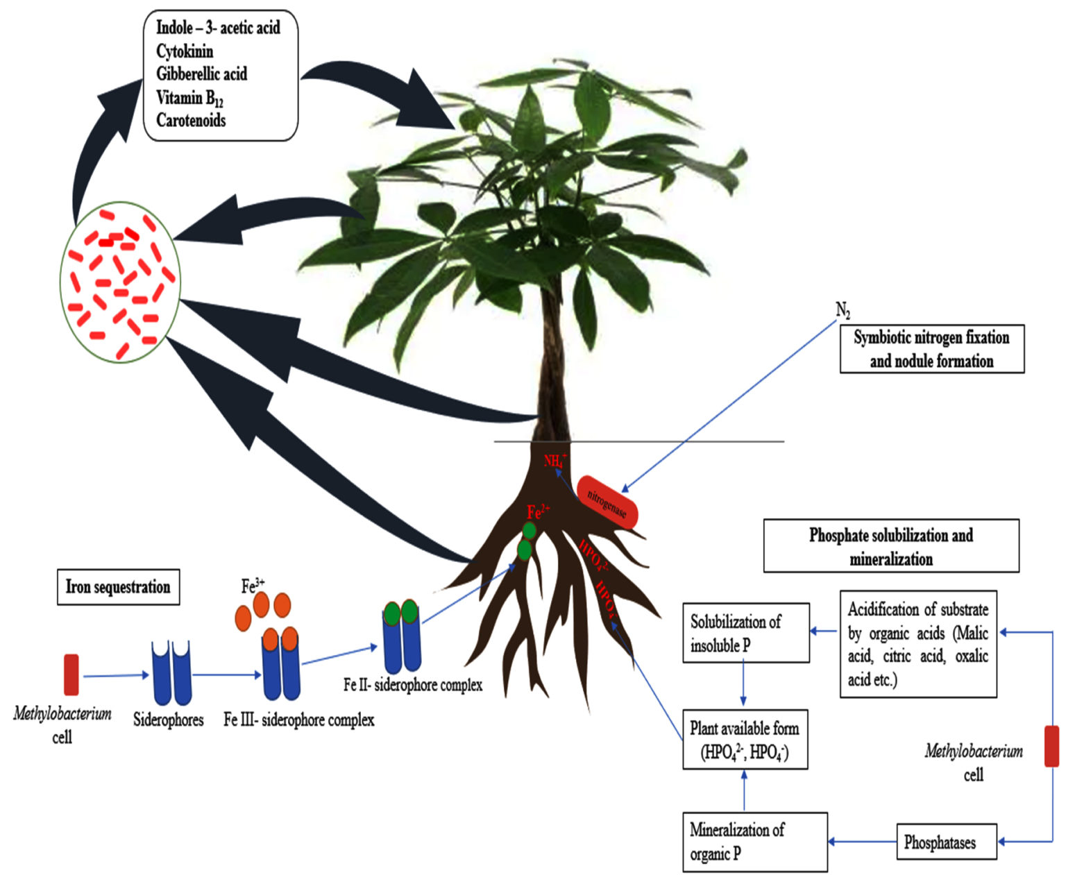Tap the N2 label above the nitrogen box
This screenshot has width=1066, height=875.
pyautogui.click(x=843, y=310)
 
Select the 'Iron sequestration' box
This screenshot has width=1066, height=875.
pyautogui.click(x=117, y=587)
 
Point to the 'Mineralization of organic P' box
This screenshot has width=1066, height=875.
pyautogui.click(x=754, y=841)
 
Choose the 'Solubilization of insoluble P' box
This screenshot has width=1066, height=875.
pyautogui.click(x=745, y=632)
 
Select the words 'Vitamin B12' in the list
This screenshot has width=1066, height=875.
pyautogui.click(x=189, y=98)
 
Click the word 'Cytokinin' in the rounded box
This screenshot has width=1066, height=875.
pyautogui.click(x=185, y=51)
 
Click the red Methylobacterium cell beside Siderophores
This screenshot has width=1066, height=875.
pyautogui.click(x=71, y=674)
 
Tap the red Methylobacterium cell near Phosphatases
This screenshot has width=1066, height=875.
pyautogui.click(x=1051, y=746)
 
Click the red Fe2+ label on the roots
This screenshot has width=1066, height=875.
pyautogui.click(x=538, y=513)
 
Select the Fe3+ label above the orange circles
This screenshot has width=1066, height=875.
pyautogui.click(x=253, y=586)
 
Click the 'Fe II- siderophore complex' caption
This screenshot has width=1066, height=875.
pyautogui.click(x=412, y=685)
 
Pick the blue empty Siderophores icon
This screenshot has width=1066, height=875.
pyautogui.click(x=171, y=672)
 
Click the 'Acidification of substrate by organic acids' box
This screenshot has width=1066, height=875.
pyautogui.click(x=917, y=644)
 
